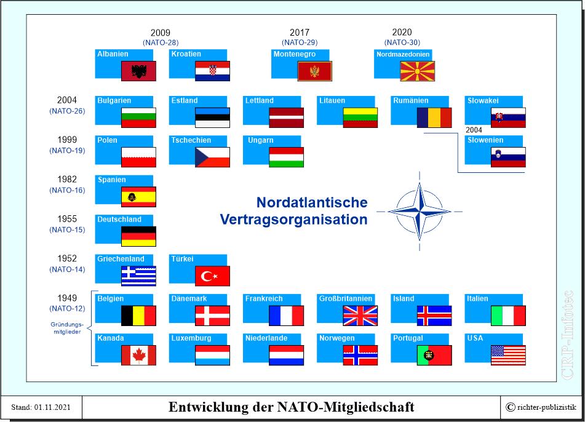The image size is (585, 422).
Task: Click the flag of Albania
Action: click(x=138, y=71)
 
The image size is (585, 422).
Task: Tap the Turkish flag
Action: click(x=212, y=276)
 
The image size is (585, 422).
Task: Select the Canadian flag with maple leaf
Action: click(x=138, y=355)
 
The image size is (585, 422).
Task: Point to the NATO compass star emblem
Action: click(x=420, y=211)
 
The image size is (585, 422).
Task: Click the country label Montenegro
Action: click(x=295, y=54)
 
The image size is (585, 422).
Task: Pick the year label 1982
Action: click(x=67, y=180)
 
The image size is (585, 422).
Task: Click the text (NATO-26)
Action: click(x=67, y=111)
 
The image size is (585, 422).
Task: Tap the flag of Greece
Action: click(x=138, y=276)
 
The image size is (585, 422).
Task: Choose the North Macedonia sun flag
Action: click(x=418, y=71)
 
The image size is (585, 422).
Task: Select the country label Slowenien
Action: click(x=485, y=140)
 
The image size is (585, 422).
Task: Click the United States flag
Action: click(x=508, y=355)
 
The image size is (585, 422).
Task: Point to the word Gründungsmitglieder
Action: click(x=67, y=328)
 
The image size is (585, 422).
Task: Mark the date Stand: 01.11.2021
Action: click(x=41, y=407)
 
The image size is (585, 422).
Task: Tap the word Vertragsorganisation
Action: click(x=293, y=220)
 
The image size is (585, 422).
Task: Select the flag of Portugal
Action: click(x=434, y=355)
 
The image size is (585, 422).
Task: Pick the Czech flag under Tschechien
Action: click(x=212, y=157)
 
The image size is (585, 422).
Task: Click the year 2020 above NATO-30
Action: click(x=402, y=33)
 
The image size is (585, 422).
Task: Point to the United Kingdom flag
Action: click(x=360, y=316)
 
